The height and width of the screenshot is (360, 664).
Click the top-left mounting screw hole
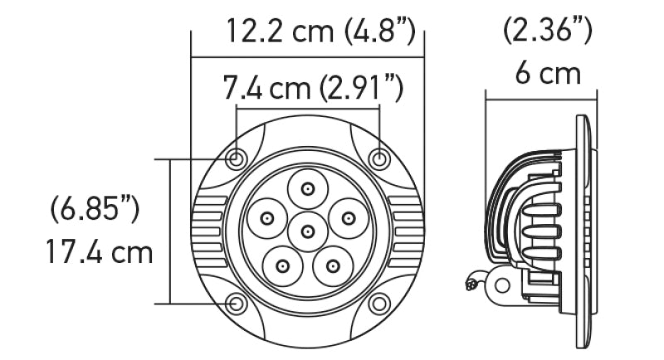[x=237, y=158]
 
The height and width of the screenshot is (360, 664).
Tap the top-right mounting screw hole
[x=378, y=158]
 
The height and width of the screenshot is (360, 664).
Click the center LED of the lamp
[x=308, y=230]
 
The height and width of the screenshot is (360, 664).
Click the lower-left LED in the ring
[x=283, y=266]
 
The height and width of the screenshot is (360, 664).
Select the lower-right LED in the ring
[x=333, y=266]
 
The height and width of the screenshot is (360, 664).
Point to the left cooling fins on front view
[x=208, y=230]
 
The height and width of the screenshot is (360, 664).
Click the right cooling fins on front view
[x=408, y=230]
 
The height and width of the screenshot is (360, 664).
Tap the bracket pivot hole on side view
[x=500, y=284]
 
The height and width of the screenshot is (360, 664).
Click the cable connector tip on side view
[x=472, y=284]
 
